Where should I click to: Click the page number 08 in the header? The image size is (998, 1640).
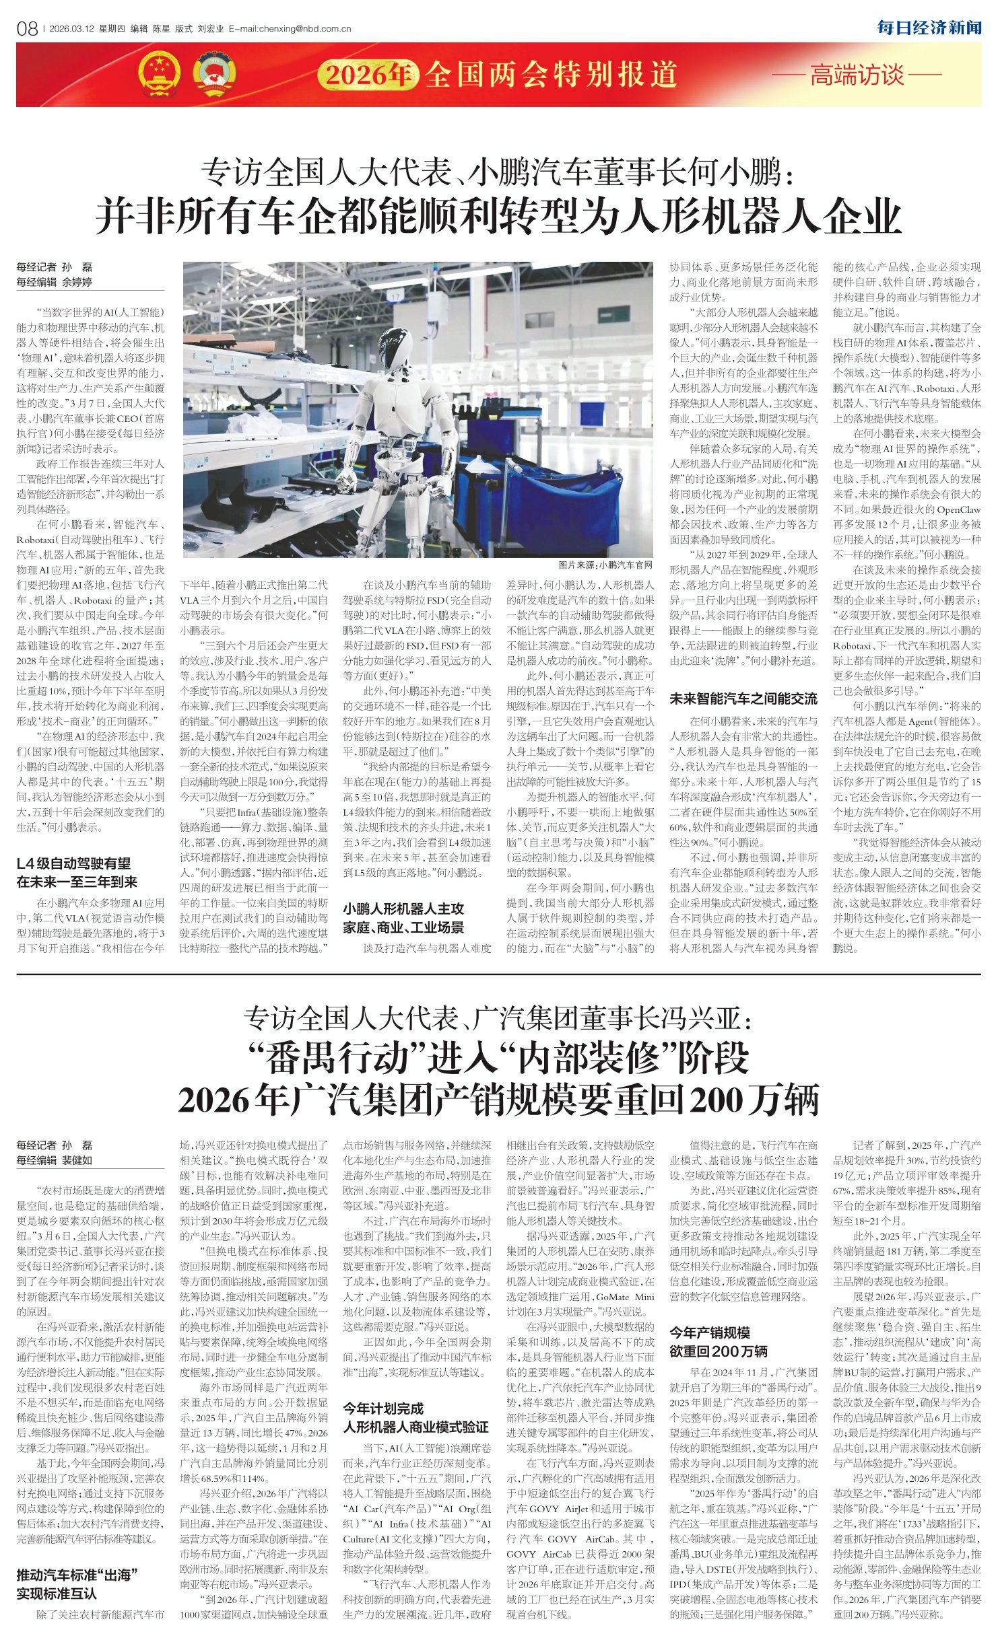[x=26, y=28]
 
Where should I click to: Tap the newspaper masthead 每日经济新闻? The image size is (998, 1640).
[x=929, y=28]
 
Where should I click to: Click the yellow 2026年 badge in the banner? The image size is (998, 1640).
[x=368, y=74]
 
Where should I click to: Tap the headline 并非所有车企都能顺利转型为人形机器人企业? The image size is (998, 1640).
[x=498, y=215]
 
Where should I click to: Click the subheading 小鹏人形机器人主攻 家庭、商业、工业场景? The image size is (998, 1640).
[x=403, y=918]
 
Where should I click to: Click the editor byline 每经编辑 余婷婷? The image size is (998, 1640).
[x=55, y=282]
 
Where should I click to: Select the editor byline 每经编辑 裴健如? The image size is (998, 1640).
[x=55, y=1160]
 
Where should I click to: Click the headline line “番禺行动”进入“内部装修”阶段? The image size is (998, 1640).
[x=498, y=1059]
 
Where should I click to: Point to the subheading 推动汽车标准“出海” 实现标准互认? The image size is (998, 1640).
[x=77, y=1584]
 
